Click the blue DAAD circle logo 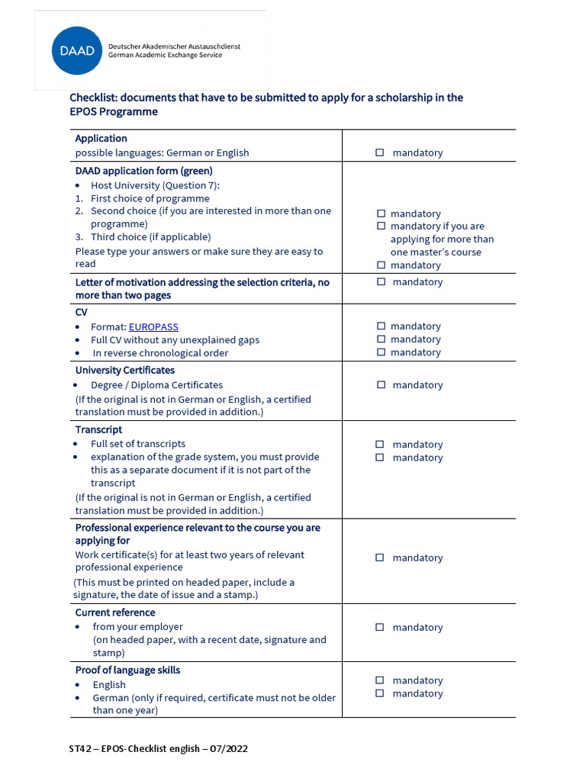click(77, 50)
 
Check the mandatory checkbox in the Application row click(380, 153)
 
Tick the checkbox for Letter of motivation click(381, 282)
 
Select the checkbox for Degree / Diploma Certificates click(381, 385)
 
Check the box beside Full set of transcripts click(380, 445)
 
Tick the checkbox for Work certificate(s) click(380, 558)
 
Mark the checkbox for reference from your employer click(380, 628)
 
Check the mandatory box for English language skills click(380, 680)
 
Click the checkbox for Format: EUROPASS click(381, 326)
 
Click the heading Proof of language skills click(127, 670)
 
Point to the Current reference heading click(114, 612)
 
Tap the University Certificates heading click(124, 371)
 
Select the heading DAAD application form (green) click(143, 171)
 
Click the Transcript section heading click(98, 430)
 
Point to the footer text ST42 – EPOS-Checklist click(158, 749)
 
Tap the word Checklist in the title click(93, 98)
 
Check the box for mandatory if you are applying click(381, 227)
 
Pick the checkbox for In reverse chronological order click(381, 352)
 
